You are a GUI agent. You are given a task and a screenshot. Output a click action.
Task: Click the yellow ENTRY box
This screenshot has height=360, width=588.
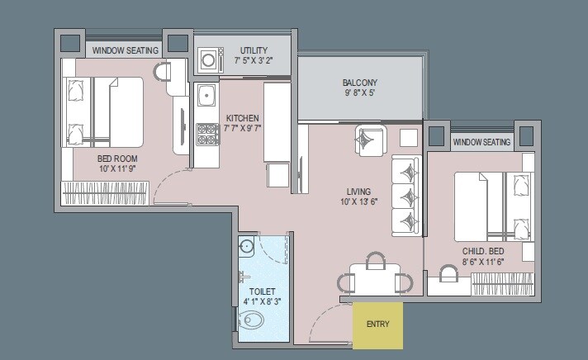pyautogui.click(x=377, y=324)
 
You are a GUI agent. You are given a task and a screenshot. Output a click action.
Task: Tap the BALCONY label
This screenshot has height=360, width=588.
pyautogui.click(x=360, y=83)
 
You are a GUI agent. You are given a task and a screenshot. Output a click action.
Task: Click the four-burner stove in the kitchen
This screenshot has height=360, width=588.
pyautogui.click(x=206, y=134)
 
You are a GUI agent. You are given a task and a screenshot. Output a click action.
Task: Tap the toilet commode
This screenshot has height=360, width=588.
pyautogui.click(x=252, y=320)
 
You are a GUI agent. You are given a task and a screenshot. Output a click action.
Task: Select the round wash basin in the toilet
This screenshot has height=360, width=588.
pyautogui.click(x=246, y=246)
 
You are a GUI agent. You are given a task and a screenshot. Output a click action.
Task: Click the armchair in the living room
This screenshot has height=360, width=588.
pyautogui.click(x=370, y=140)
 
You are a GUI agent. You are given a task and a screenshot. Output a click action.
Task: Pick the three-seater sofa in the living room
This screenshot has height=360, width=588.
pyautogui.click(x=405, y=196)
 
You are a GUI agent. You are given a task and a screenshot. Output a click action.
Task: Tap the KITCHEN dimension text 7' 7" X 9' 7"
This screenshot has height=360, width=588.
pyautogui.click(x=243, y=129)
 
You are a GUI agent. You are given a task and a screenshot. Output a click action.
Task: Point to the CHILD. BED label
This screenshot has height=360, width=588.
pyautogui.click(x=483, y=250)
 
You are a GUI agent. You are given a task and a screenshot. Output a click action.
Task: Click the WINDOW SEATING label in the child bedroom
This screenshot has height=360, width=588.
pyautogui.click(x=481, y=143)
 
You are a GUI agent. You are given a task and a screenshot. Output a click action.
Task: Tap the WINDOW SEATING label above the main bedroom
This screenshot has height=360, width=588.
pyautogui.click(x=125, y=50)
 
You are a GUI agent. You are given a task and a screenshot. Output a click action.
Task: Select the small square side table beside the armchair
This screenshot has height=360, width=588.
pyautogui.click(x=408, y=137)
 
